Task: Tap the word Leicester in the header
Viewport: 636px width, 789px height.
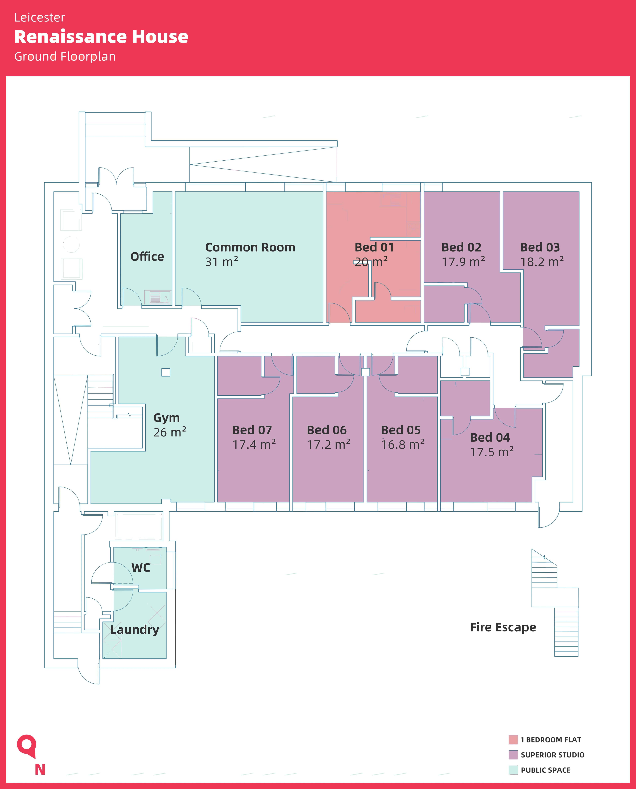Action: point(40,18)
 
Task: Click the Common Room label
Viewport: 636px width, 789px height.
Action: point(250,247)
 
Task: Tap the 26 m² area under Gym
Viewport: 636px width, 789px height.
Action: point(170,432)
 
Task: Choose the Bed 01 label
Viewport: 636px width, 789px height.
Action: point(374,247)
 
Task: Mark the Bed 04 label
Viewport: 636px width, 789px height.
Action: point(490,437)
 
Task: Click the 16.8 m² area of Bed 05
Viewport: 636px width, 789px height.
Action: point(403,444)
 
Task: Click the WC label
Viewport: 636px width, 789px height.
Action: point(141,568)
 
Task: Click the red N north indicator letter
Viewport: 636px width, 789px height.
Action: point(40,770)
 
